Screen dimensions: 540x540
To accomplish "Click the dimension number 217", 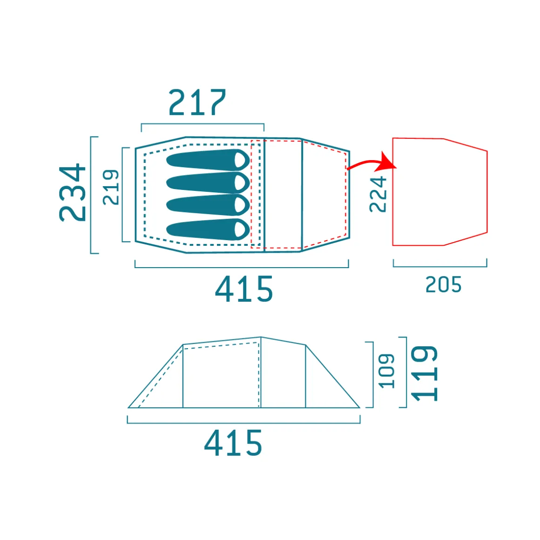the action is (197, 102).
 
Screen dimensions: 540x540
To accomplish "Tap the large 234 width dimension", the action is (72, 193).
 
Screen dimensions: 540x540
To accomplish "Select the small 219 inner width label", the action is (111, 187).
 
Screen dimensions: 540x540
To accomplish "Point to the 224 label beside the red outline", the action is (378, 194).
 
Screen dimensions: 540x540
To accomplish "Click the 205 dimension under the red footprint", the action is (443, 285).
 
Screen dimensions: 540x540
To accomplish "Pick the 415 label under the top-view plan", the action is (244, 289).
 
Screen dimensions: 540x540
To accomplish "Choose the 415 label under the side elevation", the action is (233, 443).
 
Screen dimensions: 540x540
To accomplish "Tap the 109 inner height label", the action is (386, 371).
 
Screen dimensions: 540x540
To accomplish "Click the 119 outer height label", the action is (425, 373).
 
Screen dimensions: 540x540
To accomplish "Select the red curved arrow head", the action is (387, 162).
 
